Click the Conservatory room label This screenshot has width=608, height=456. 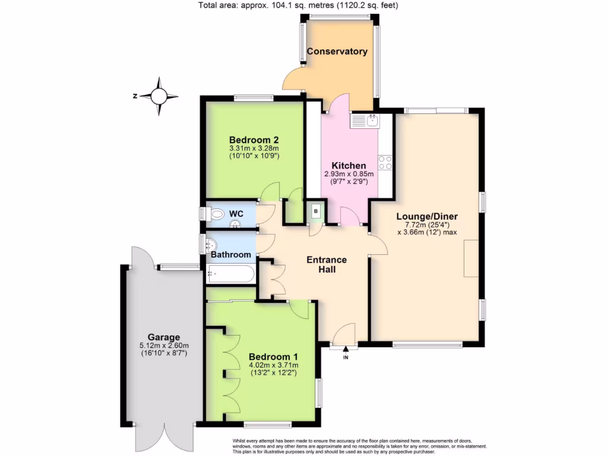tap(337, 51)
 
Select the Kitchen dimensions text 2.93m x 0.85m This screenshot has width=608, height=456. tap(349, 174)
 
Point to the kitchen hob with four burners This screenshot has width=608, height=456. tap(385, 163)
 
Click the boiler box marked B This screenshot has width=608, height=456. tap(316, 211)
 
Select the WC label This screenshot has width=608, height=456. tap(236, 213)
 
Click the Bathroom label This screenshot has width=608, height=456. tap(231, 255)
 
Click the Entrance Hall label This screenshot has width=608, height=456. tap(326, 264)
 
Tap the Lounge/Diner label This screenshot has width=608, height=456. tap(427, 216)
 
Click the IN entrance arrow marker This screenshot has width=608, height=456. tap(346, 352)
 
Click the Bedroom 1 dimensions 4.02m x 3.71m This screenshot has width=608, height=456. tap(274, 365)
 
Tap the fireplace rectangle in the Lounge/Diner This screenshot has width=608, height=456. tap(471, 258)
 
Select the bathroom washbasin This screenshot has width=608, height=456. tap(210, 243)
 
